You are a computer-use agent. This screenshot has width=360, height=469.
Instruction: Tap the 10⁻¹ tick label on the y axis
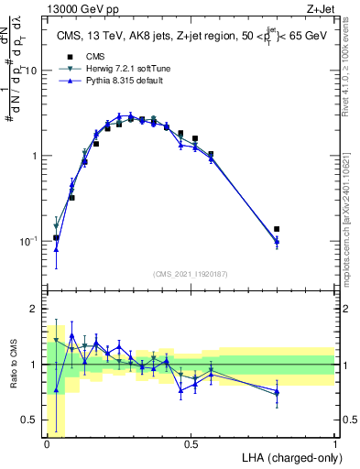pyautogui.click(x=27, y=241)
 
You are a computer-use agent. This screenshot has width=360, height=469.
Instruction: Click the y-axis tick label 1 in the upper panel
pyautogui.click(x=35, y=156)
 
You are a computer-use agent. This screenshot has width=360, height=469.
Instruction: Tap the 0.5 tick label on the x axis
pyautogui.click(x=191, y=444)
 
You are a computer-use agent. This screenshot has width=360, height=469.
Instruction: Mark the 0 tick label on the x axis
pyautogui.click(x=47, y=444)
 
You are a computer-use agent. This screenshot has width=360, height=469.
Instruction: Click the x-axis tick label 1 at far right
pyautogui.click(x=334, y=444)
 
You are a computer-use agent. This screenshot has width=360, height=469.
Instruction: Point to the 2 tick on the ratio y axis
pyautogui.click(x=35, y=309)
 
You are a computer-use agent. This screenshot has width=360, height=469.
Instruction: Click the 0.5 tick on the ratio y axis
pyautogui.click(x=31, y=420)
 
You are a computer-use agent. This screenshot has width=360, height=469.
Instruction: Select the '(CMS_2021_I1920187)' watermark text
pyautogui.click(x=191, y=274)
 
